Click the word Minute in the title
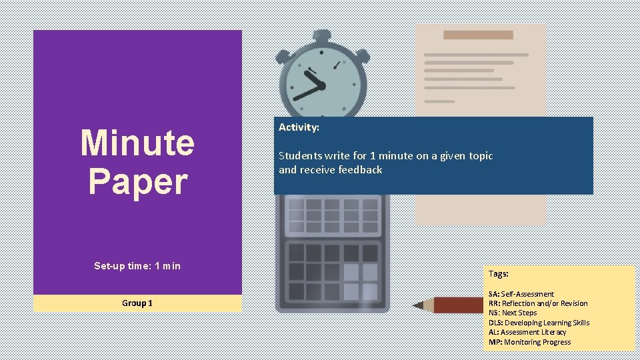[x=137, y=143]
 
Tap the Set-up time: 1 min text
[x=137, y=266]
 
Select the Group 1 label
[x=137, y=303]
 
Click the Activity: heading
[x=299, y=127]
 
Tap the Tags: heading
[x=498, y=273]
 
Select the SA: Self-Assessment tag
[x=521, y=294]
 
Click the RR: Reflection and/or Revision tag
[x=537, y=303]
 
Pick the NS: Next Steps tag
[x=512, y=313]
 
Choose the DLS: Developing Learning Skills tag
[x=539, y=323]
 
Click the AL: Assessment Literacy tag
[x=527, y=332]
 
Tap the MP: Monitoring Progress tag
[x=529, y=342]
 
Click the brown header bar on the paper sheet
[x=478, y=35]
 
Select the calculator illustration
[x=332, y=253]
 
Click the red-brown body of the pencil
[x=460, y=305]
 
